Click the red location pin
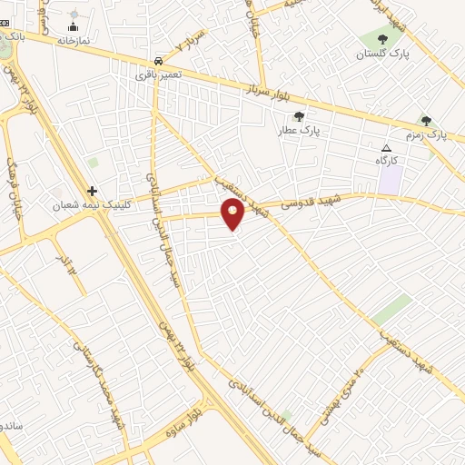click(x=233, y=214)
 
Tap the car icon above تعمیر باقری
click(x=159, y=61)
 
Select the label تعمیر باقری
click(x=159, y=74)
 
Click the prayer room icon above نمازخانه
click(x=74, y=27)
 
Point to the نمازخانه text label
click(x=74, y=41)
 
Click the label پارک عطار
click(x=300, y=131)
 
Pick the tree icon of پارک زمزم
click(x=426, y=121)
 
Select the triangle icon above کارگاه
click(x=387, y=148)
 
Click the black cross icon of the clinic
click(x=92, y=191)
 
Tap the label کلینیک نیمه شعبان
click(x=100, y=205)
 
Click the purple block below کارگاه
click(x=391, y=178)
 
